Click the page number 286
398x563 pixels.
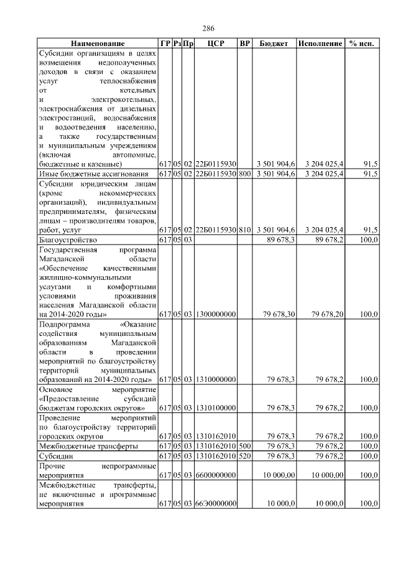coord(208,29)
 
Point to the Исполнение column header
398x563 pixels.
coord(320,44)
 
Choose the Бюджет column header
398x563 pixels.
coord(273,44)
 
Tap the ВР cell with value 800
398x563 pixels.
coord(245,174)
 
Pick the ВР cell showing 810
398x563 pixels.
coord(245,230)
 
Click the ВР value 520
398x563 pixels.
coord(245,456)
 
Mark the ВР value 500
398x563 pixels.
coord(245,446)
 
